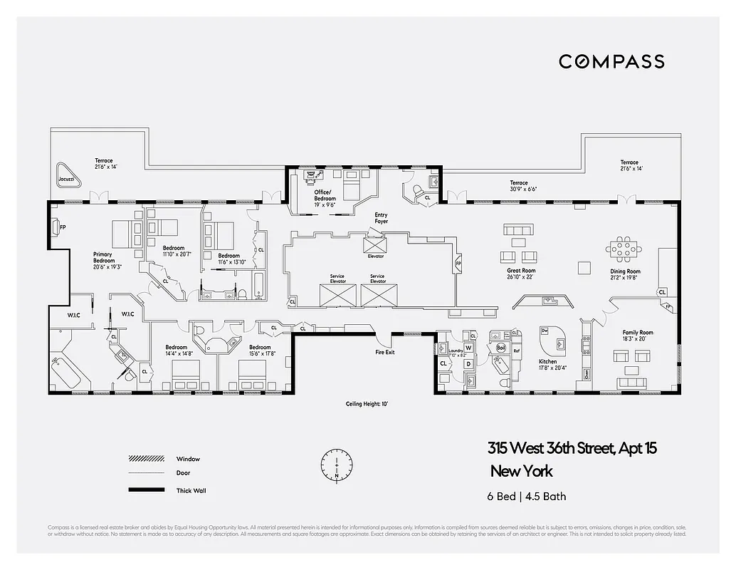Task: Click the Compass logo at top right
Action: [611, 61]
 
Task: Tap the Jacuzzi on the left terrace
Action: [67, 176]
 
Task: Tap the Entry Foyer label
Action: [382, 218]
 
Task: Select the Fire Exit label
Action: [385, 352]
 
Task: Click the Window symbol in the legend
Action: [147, 458]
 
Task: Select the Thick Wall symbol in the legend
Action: [147, 490]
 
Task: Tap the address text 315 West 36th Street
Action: [572, 449]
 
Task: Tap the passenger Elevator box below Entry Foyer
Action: [375, 247]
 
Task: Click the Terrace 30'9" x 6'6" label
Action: [523, 186]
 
